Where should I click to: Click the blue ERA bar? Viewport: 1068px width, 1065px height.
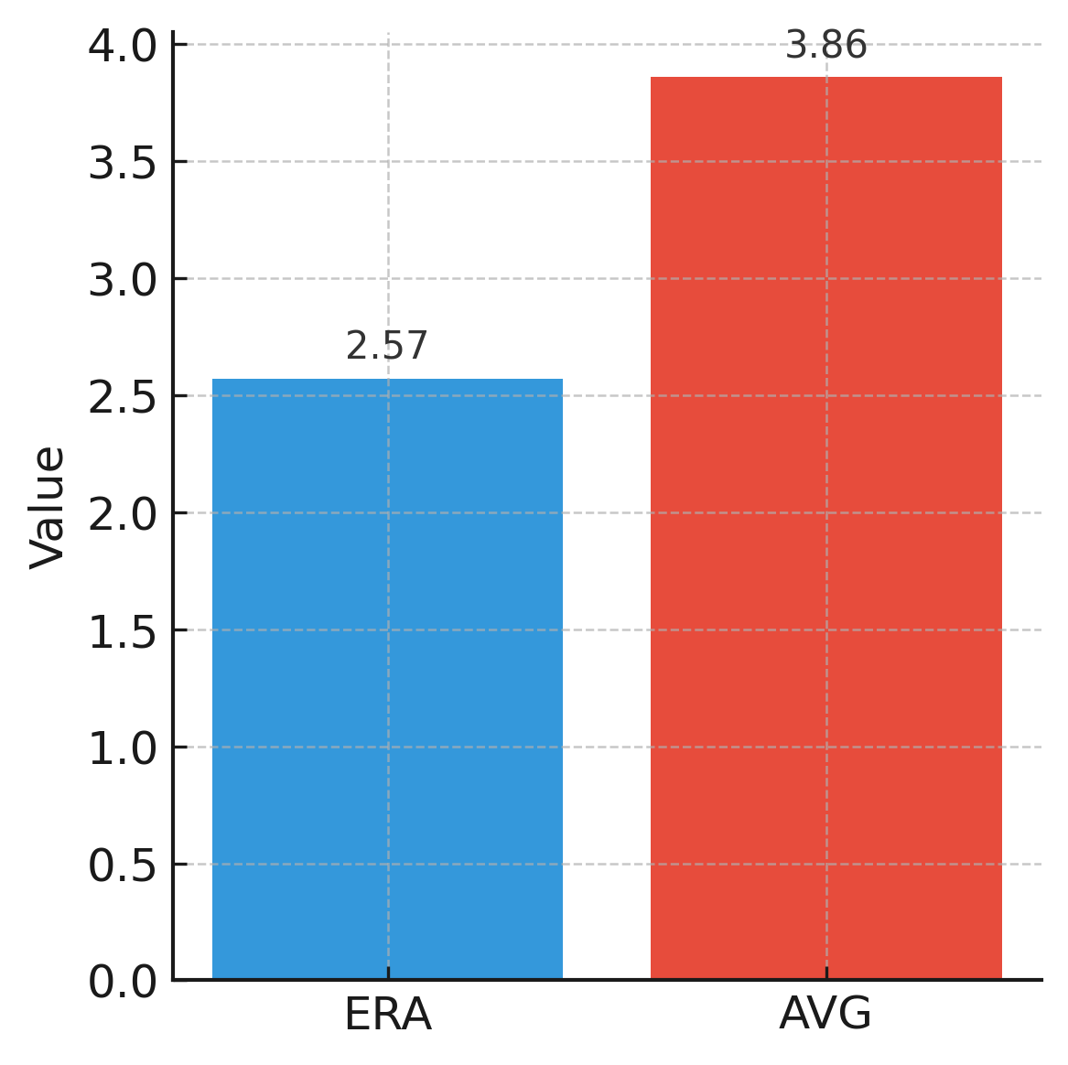[387, 679]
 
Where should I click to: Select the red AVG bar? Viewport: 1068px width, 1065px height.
[825, 528]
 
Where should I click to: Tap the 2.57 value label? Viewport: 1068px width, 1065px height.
[387, 347]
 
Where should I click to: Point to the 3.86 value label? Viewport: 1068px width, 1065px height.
[825, 46]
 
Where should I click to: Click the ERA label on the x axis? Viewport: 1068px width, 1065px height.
[387, 1016]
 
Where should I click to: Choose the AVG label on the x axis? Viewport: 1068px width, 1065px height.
[825, 1015]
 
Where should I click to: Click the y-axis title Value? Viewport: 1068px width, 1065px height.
[48, 507]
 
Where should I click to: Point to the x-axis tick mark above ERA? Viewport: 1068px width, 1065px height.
[387, 974]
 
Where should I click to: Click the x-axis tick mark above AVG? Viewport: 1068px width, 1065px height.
[825, 974]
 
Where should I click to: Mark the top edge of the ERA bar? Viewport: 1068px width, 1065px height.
[387, 379]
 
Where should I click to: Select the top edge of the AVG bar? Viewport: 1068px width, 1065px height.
[825, 77]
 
